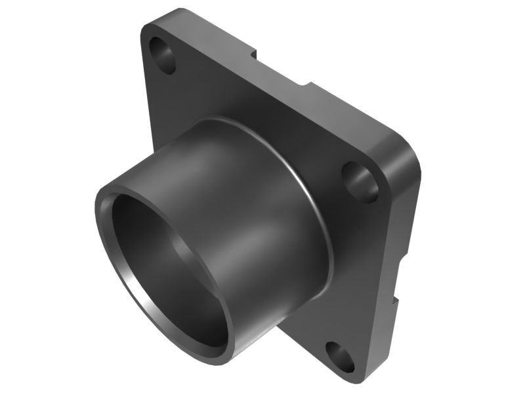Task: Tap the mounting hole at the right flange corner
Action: tap(360, 179)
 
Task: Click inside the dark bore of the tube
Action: tap(164, 263)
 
